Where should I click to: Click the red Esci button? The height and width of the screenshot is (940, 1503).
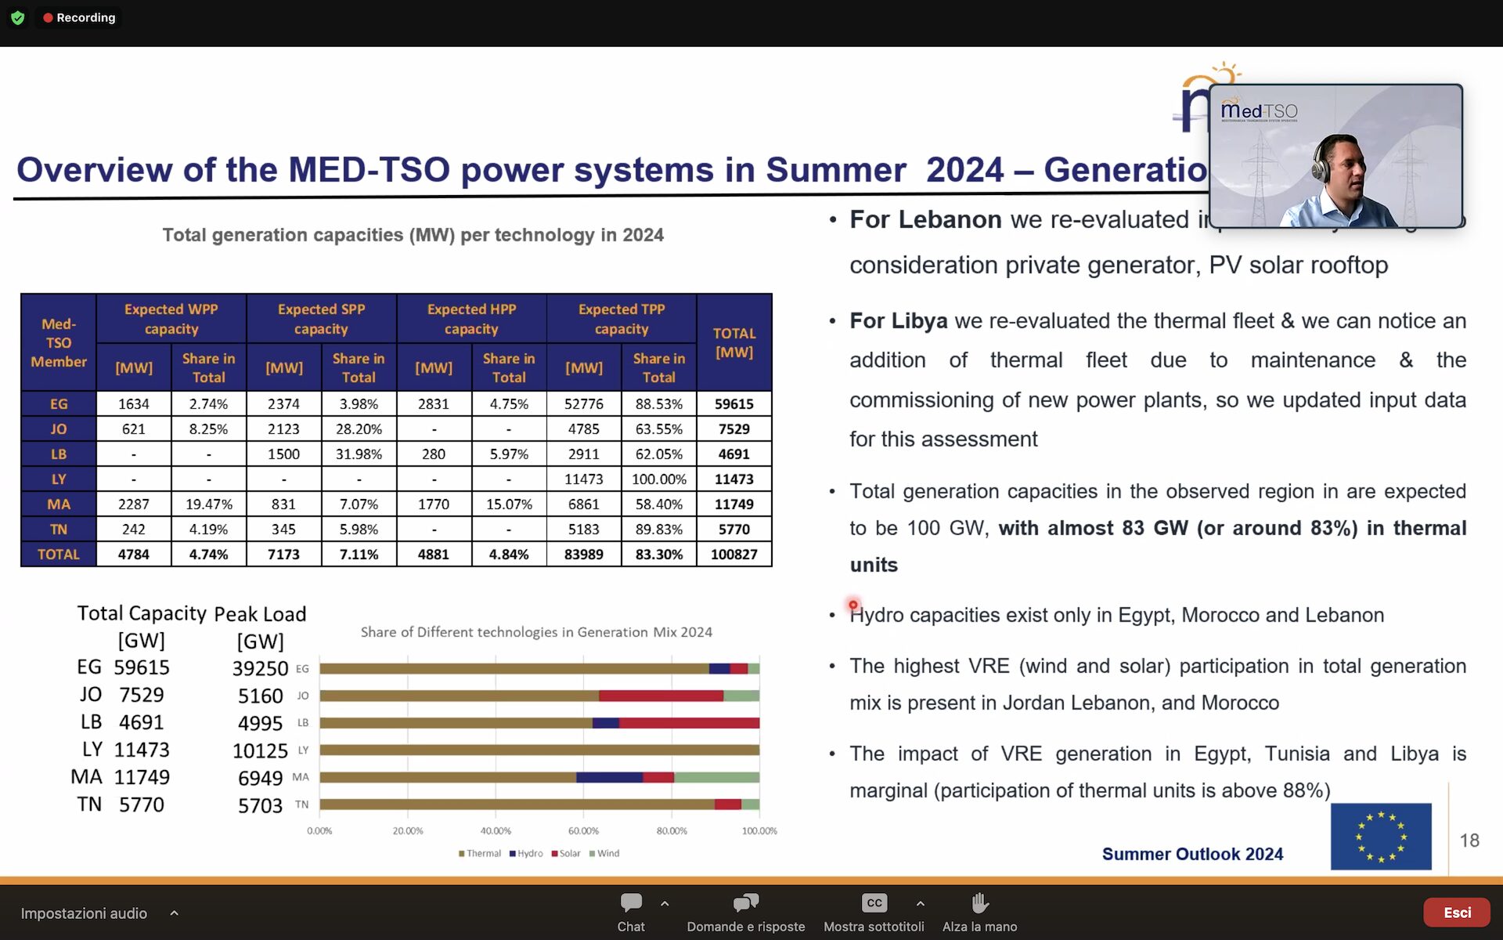1456,913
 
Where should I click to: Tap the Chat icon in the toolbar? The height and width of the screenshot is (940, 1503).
631,903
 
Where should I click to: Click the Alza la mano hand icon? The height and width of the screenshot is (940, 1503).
979,903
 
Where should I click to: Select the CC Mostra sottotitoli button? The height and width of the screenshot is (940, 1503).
874,903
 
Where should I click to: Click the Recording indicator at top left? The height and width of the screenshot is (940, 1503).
79,17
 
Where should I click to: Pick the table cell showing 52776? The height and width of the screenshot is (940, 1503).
584,403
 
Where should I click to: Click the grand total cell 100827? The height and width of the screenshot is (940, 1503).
733,554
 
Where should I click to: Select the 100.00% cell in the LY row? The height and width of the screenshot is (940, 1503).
658,479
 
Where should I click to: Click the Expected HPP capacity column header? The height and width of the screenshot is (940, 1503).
471,319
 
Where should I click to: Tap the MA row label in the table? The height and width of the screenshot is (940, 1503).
59,504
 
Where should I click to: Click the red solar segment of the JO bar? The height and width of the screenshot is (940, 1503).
661,696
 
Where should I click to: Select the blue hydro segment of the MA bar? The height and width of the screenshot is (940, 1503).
609,777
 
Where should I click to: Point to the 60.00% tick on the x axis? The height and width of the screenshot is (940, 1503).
583,830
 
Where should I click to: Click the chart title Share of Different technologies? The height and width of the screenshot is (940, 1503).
536,632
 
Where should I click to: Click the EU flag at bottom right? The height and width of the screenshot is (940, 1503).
1381,836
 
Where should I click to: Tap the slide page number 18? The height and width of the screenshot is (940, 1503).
1469,841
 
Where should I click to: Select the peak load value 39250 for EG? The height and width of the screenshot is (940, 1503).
260,668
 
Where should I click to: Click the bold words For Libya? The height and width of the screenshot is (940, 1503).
898,321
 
